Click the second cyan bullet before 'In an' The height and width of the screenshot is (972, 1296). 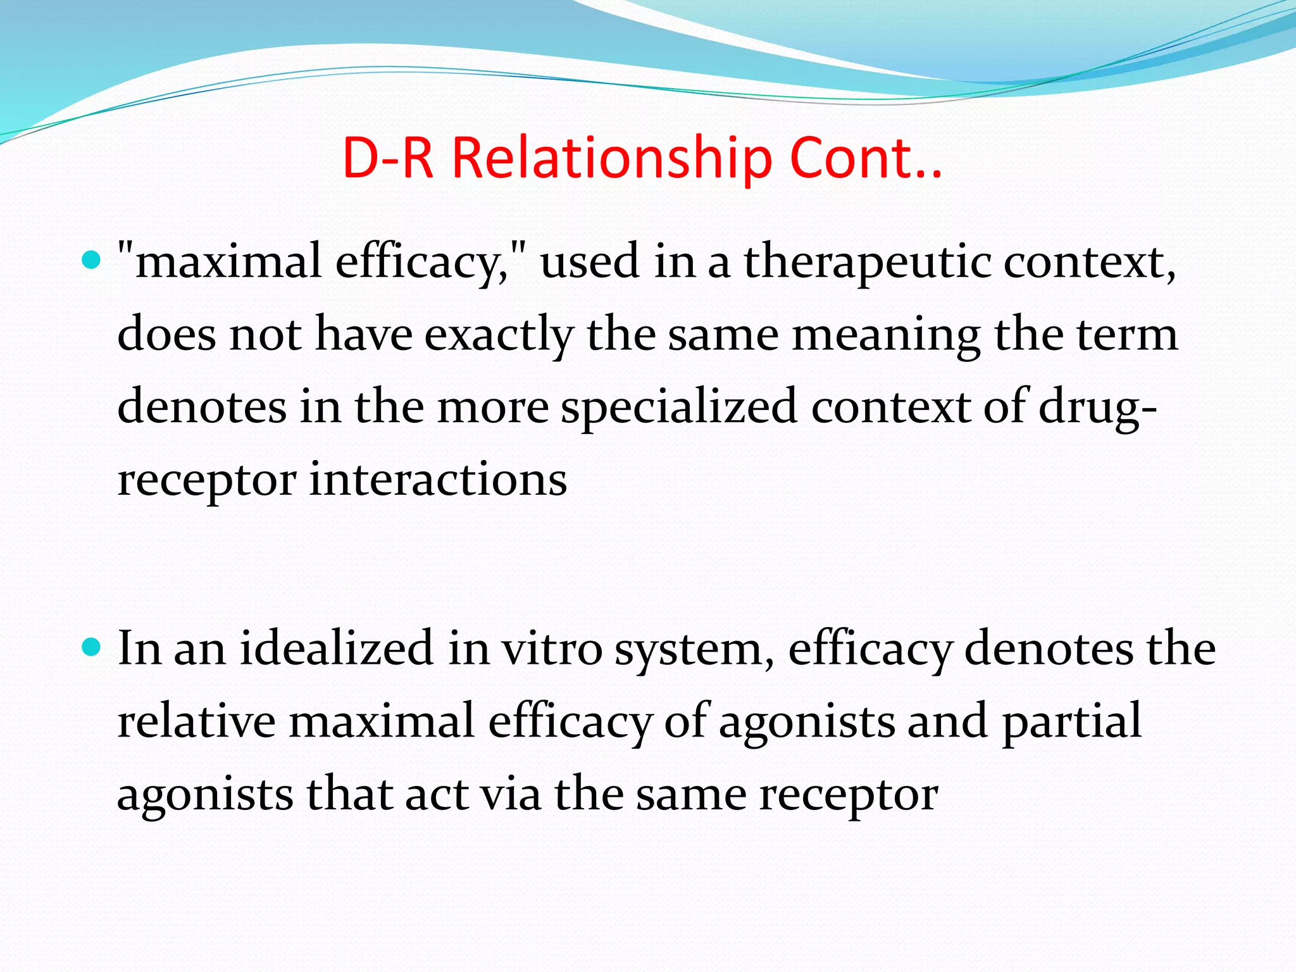click(92, 647)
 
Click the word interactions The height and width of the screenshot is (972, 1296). click(438, 480)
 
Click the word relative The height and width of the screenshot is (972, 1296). click(197, 721)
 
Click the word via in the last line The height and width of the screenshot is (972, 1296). click(510, 794)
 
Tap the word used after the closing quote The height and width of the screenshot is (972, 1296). click(589, 263)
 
